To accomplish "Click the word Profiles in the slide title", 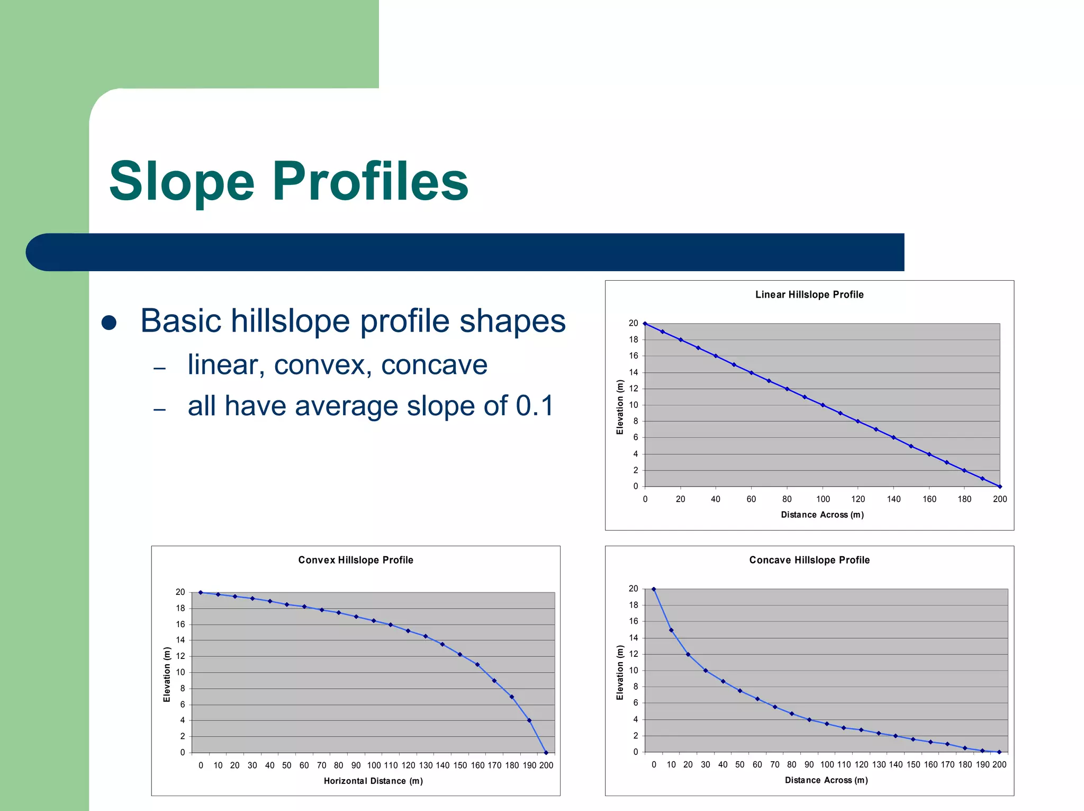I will pos(370,182).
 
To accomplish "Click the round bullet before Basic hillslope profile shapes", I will pos(109,323).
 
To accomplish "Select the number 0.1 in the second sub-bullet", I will pos(535,406).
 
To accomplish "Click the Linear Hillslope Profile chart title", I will pos(809,295).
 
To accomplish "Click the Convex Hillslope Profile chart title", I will pos(355,560).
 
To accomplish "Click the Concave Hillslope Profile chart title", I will pos(809,560).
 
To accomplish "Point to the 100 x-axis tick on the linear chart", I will pos(823,500).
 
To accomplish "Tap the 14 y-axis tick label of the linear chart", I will pos(633,373).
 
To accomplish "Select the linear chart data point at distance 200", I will pos(999,486).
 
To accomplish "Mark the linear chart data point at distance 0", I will pos(645,324).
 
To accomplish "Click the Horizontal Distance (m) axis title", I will pos(373,781).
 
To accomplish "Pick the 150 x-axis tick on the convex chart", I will pos(460,766).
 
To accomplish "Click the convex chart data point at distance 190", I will pos(529,720).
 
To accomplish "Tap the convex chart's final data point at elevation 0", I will pos(546,753).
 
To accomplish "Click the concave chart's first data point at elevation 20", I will pos(654,589).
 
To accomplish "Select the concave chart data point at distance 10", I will pos(671,630).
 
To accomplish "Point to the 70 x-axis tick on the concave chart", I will pos(775,765).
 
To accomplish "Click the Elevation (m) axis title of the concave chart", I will pos(620,673).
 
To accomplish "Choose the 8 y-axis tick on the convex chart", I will pos(183,689).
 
